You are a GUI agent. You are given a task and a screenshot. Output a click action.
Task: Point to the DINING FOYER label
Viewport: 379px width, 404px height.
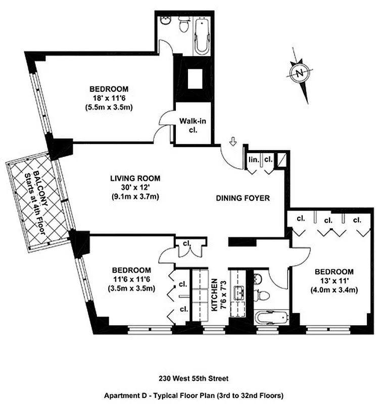(x=243, y=199)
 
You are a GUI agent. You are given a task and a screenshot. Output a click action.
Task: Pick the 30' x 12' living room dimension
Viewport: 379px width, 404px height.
(x=135, y=187)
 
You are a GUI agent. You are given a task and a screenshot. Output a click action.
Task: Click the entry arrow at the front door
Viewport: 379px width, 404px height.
(x=233, y=141)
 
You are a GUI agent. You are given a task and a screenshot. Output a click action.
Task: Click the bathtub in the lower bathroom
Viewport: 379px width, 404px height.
(x=271, y=319)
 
